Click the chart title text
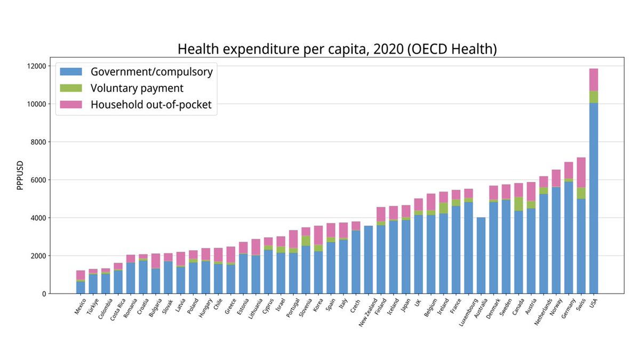pos(337,49)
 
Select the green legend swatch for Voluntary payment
pos(71,88)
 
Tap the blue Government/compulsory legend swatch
pos(71,71)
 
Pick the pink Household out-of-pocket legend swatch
pos(71,105)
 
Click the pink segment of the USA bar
pos(593,79)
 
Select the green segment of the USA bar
pos(593,97)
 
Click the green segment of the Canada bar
pos(518,204)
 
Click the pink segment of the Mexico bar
pos(81,274)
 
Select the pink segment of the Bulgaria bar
pos(156,261)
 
